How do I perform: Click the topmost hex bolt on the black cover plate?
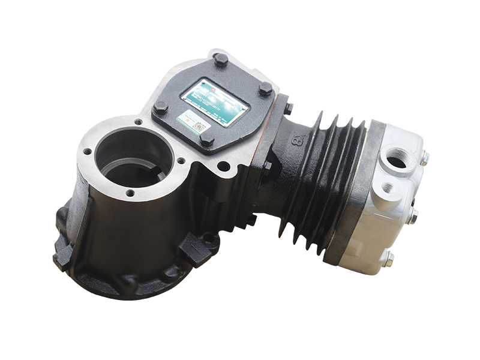coord(220,59)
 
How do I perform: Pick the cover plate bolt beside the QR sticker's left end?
coord(160,109)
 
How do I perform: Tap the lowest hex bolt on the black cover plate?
coord(206,139)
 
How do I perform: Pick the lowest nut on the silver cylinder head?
coord(388,259)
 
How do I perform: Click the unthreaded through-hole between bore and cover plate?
coord(224,166)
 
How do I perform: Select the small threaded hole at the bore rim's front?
coord(129,193)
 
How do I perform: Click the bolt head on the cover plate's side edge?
coord(288,109)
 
